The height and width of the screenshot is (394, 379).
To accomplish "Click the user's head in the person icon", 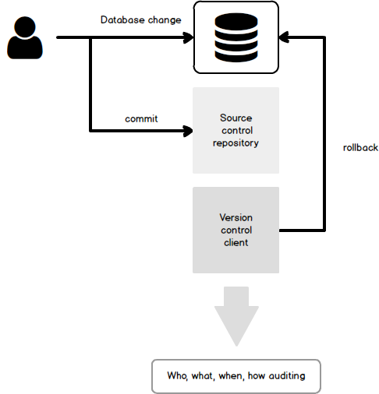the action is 25,27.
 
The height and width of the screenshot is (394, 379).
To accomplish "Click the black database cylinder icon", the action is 236,37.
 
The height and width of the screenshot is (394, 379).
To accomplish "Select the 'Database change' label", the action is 140,20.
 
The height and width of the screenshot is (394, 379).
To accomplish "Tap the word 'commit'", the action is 141,119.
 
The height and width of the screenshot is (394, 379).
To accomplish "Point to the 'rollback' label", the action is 360,148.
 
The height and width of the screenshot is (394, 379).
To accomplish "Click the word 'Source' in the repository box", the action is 236,118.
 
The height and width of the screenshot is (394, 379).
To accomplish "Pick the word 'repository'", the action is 236,143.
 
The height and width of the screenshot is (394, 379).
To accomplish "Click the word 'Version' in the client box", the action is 236,217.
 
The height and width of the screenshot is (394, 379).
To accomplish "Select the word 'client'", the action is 236,242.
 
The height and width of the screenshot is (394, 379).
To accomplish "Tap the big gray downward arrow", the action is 236,316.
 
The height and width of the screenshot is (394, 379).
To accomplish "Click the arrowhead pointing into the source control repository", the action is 188,131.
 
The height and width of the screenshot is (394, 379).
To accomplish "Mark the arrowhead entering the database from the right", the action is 284,37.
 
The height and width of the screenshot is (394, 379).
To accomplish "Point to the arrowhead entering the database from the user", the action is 188,37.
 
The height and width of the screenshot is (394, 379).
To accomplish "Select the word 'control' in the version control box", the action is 236,230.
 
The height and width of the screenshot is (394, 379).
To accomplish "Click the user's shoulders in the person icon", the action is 25,48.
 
